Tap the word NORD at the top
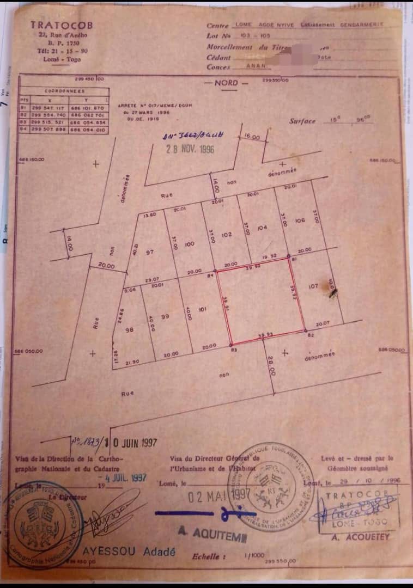pos(226,83)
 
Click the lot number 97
pos(150,253)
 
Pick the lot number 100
pos(190,244)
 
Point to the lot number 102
pos(227,235)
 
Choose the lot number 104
pos(262,228)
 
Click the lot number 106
pos(299,220)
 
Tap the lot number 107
pos(313,286)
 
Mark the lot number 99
pos(166,316)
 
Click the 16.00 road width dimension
pos(252,138)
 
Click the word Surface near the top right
pos(302,121)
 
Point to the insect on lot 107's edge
pos(332,292)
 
